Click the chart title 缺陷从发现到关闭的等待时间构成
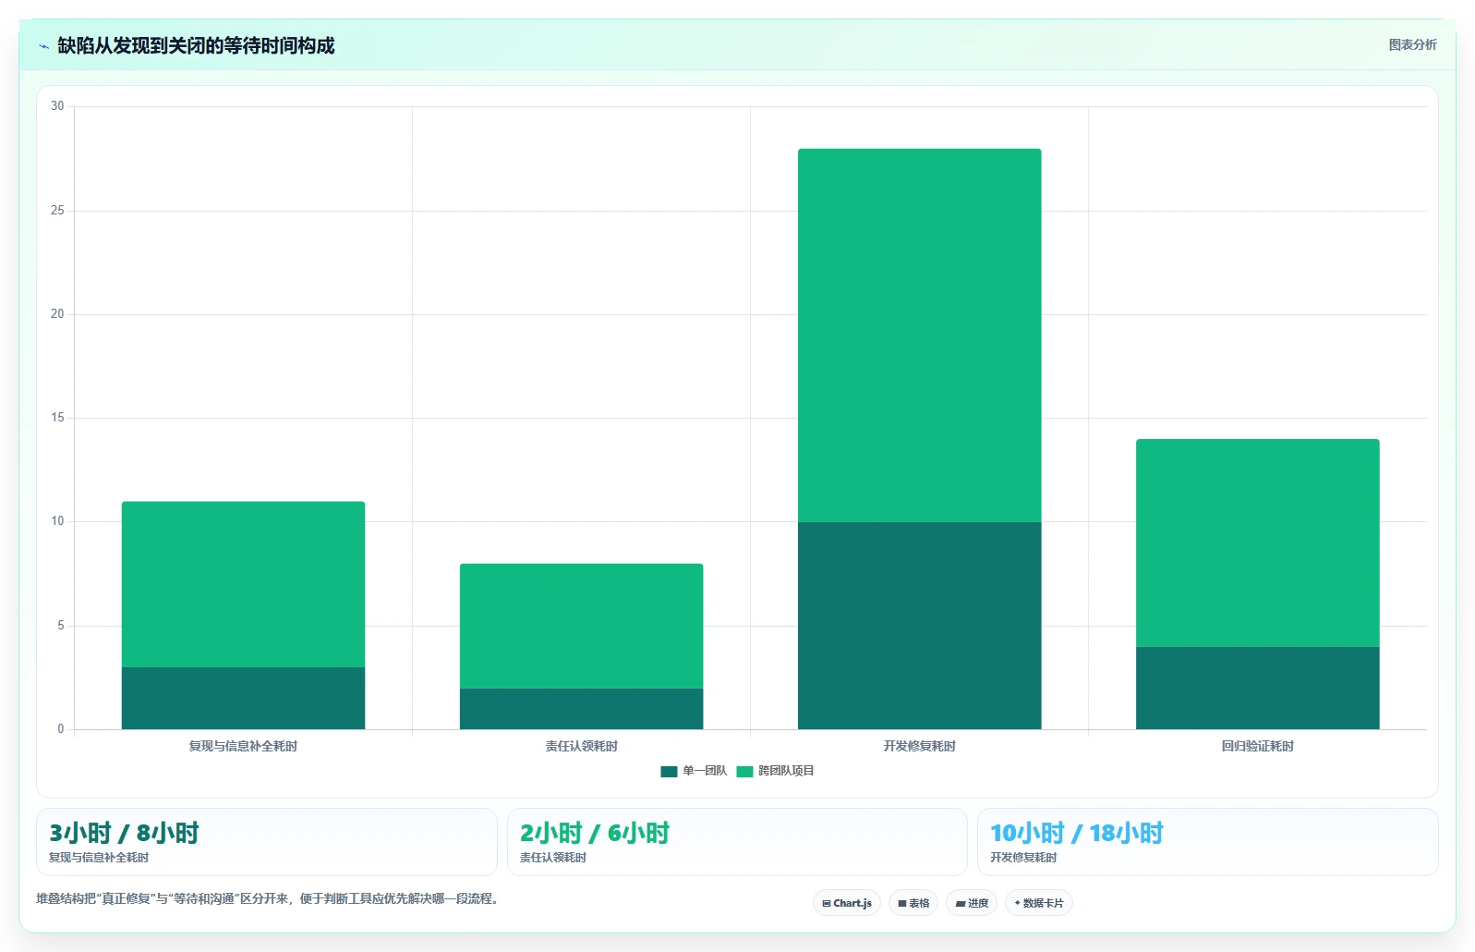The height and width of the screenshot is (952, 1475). (196, 45)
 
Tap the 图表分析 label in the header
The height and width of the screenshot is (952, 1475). (1412, 44)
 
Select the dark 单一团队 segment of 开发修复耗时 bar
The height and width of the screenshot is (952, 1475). (919, 625)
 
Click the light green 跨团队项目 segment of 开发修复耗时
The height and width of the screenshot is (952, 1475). (919, 336)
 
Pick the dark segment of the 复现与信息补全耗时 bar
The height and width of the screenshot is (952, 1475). (243, 699)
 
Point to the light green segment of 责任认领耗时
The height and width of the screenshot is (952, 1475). (582, 626)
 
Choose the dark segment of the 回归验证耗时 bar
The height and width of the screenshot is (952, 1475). (1258, 688)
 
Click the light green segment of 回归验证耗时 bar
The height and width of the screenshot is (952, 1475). (1258, 543)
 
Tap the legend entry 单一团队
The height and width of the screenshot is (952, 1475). (694, 771)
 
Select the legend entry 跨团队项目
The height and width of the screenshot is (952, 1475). (776, 771)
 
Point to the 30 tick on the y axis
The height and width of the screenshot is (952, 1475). (57, 106)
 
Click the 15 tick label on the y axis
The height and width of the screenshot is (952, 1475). (57, 418)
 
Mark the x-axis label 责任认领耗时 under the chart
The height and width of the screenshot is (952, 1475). (582, 746)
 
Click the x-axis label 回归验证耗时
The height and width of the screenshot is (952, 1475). (1258, 746)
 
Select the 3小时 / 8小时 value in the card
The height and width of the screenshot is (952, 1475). (124, 833)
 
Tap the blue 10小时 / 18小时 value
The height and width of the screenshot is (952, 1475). (1077, 833)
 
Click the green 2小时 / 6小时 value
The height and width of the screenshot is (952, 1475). (595, 833)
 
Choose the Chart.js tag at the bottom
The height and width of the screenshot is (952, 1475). (847, 903)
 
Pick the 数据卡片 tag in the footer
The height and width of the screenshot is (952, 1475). (1039, 903)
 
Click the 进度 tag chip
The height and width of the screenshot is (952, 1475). (972, 903)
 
